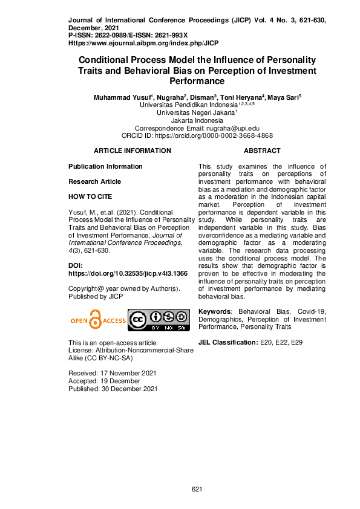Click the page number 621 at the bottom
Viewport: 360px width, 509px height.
click(x=196, y=488)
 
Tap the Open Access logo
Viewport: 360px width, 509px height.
click(x=97, y=320)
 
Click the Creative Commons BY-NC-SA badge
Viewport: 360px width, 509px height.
click(x=159, y=320)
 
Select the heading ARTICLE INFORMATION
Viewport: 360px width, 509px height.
click(x=133, y=151)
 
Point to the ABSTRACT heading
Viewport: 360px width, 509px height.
click(x=262, y=151)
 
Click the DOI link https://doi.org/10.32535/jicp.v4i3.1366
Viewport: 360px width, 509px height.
click(x=128, y=273)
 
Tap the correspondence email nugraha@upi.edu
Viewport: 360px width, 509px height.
click(x=227, y=128)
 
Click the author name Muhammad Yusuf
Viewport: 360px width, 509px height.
click(x=123, y=97)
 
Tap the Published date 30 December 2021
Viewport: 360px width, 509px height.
click(x=113, y=389)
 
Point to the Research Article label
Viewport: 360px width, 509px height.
click(x=94, y=181)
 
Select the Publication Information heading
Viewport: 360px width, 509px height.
click(x=105, y=166)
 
